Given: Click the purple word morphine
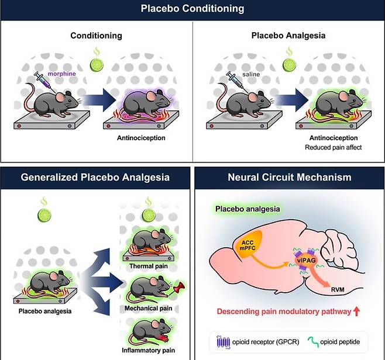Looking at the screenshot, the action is [61, 74].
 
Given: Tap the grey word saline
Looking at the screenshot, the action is [251, 74].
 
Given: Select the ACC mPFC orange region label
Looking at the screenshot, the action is [247, 245].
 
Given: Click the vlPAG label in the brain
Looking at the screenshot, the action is [306, 261].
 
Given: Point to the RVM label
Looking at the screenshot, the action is [338, 290].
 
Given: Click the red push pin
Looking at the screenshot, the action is [179, 288].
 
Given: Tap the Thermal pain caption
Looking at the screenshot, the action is [149, 266].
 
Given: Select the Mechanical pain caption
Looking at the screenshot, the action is [148, 308].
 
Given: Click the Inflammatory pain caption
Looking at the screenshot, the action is [148, 350].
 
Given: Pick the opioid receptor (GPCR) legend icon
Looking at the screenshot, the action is [223, 342].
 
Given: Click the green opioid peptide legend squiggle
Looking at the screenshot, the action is [313, 342].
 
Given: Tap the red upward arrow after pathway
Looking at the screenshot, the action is [356, 311].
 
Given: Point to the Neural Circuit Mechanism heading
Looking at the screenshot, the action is [290, 177].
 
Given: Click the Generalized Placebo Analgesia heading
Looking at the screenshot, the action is [95, 177].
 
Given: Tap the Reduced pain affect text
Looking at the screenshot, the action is [333, 147].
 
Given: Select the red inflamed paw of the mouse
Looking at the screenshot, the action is [163, 338].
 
